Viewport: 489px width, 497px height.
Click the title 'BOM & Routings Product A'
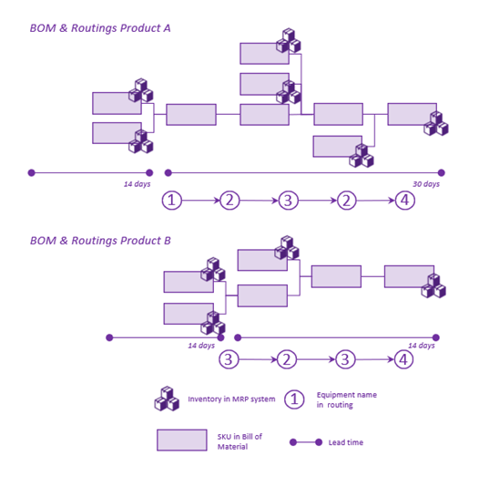tap(100, 28)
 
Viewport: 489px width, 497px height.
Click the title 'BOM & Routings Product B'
tap(100, 241)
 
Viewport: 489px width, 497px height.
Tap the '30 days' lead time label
tap(426, 184)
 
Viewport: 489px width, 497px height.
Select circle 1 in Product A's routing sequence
tap(171, 201)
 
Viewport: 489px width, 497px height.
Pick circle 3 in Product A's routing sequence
tap(288, 201)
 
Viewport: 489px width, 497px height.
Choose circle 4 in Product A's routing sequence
tap(405, 201)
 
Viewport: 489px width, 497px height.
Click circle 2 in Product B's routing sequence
tap(287, 359)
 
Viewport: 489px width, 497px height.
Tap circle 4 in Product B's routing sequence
tap(403, 359)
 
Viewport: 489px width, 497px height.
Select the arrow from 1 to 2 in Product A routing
tap(200, 201)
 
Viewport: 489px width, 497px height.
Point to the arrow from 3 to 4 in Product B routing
tap(374, 359)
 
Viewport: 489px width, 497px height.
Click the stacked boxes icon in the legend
tap(167, 399)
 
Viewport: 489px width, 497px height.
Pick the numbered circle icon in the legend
tap(294, 399)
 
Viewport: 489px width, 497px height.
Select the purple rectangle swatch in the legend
tap(182, 440)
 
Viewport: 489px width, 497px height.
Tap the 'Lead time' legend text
tap(346, 442)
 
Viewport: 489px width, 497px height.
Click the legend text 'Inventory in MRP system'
tap(231, 399)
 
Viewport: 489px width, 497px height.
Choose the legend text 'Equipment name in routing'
tap(347, 399)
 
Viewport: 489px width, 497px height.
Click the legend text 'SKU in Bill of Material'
tap(239, 441)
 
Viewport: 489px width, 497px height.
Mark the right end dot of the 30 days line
tap(442, 172)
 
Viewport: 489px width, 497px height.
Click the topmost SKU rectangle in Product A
tap(264, 54)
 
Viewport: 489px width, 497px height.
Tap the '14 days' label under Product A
tap(137, 184)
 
